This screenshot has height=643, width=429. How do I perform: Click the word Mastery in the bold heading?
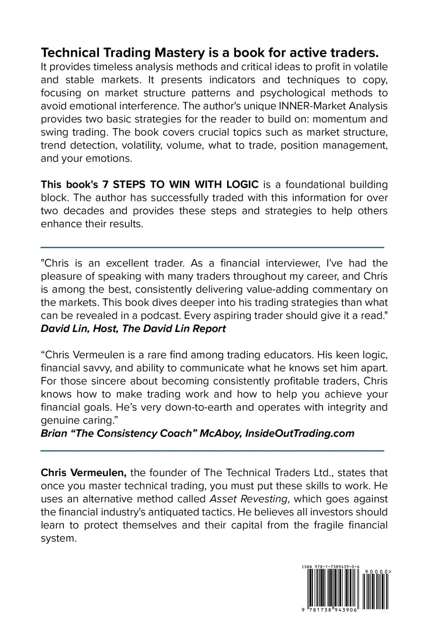(179, 52)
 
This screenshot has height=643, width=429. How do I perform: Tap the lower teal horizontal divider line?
(212, 451)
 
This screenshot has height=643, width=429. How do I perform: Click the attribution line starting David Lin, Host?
(133, 328)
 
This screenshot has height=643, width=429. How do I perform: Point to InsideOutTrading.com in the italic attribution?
(299, 433)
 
